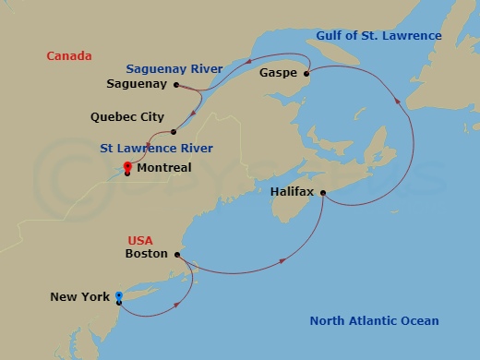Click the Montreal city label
pos(163,168)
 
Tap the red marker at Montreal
pos(126,166)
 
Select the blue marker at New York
pos(119,296)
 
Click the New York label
pos(80,296)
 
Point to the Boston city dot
pos(176,253)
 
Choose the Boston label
pos(146,253)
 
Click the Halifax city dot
pos(323,192)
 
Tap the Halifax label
pos(293,192)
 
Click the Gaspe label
pos(278,71)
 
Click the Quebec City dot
pos(174,131)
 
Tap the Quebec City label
pos(127,117)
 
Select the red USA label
pos(142,238)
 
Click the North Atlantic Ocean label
pos(374,321)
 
